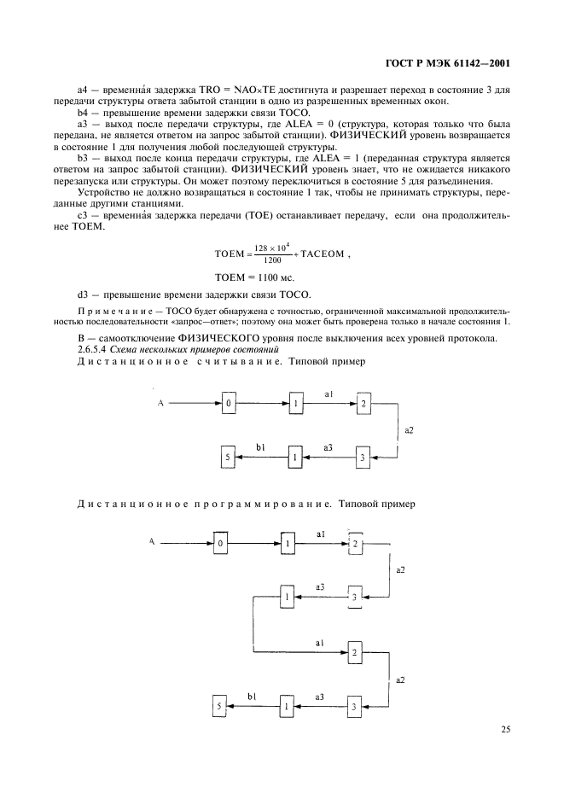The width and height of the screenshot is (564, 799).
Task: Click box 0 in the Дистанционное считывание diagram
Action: (x=228, y=404)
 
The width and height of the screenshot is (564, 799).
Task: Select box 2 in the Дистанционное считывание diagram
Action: (x=363, y=404)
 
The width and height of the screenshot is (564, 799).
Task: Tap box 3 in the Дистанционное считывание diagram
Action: (x=363, y=458)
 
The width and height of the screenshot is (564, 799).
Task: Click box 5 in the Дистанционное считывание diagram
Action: (x=228, y=458)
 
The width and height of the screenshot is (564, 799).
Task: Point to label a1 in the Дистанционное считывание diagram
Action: (x=329, y=394)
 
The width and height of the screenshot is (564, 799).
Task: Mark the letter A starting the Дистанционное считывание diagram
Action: (x=160, y=403)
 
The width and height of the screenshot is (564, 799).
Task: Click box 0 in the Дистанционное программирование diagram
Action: (x=220, y=544)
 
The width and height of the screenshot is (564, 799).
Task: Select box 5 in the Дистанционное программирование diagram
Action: (x=220, y=707)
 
